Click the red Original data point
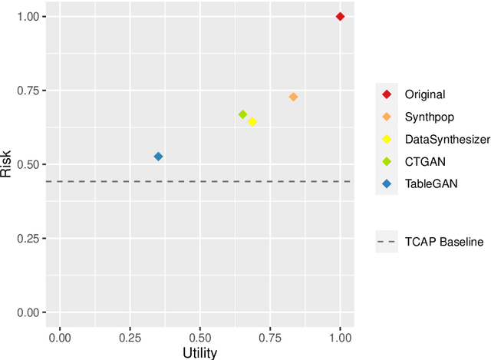(341, 16)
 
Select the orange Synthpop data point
(293, 97)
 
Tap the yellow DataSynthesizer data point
(252, 122)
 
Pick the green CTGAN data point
(242, 114)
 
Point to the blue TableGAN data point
(158, 157)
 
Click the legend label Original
(425, 94)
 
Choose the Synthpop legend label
(430, 117)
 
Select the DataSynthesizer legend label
(447, 139)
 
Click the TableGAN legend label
(431, 183)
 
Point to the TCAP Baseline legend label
(444, 242)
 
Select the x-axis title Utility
(199, 352)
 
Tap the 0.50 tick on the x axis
(199, 336)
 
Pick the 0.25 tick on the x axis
(130, 336)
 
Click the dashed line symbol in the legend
(387, 242)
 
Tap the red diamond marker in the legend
(387, 94)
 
